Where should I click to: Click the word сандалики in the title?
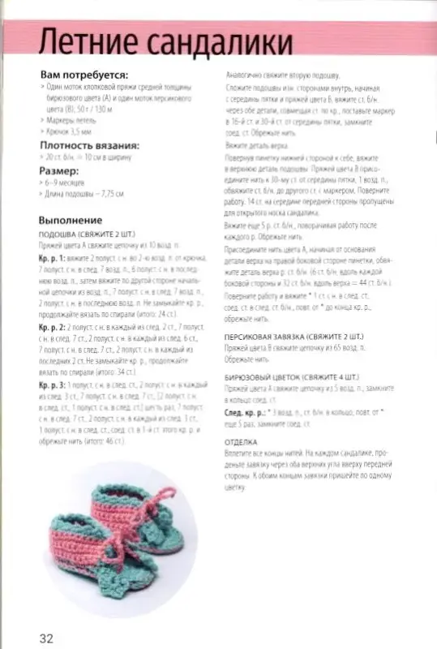click(213, 41)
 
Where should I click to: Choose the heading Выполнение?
click(71, 220)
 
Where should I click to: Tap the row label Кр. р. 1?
click(53, 256)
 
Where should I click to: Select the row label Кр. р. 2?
click(53, 326)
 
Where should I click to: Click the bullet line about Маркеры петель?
click(72, 118)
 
